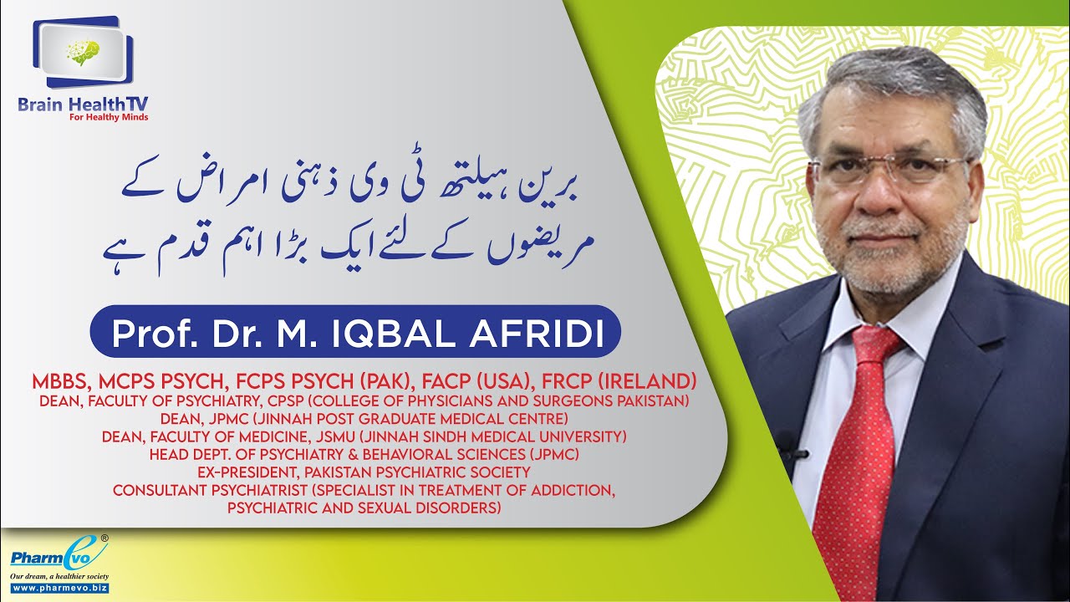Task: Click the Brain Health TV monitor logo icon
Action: coord(84,52)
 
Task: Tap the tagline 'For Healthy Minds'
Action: coord(109,118)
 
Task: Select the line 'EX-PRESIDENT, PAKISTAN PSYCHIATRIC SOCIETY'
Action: coord(364,472)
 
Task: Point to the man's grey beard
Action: coord(885,251)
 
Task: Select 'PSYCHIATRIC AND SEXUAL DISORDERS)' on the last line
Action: coord(364,507)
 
